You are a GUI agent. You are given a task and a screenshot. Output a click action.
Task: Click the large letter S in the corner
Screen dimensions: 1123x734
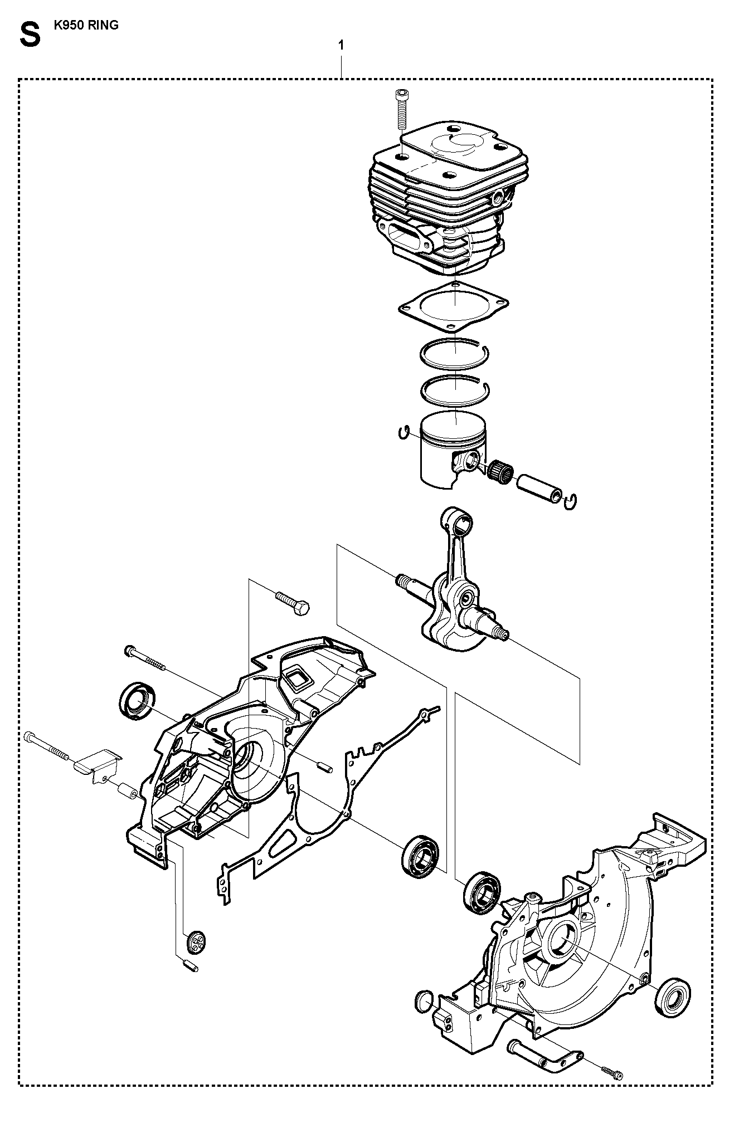pos(30,35)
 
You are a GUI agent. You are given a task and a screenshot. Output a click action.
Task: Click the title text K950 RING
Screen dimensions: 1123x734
pos(86,25)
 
